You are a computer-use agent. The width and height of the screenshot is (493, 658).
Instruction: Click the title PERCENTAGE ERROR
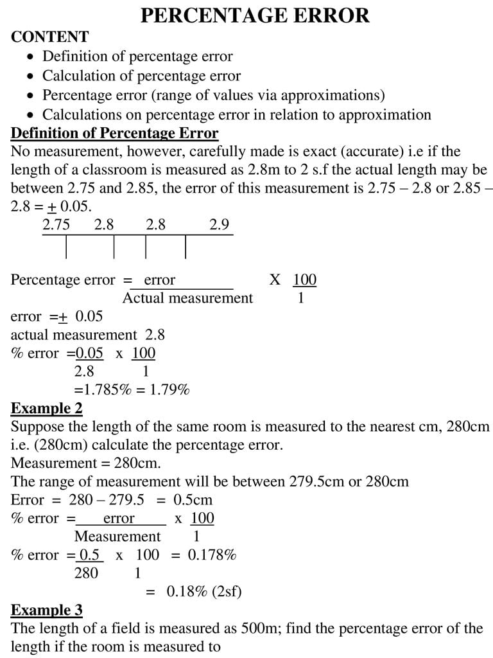[255, 15]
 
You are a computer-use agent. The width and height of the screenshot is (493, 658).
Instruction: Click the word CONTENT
[49, 37]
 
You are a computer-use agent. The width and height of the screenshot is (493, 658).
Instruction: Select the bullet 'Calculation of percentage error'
[141, 76]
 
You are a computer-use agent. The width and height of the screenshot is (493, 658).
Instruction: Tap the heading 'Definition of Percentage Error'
[115, 134]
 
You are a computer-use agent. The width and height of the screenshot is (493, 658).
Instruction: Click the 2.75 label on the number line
[56, 225]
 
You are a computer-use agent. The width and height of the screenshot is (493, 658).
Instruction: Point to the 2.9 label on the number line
[219, 225]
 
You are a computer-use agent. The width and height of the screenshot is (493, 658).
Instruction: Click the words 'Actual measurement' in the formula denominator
[187, 298]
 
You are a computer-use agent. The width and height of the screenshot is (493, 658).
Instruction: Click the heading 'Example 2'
[47, 408]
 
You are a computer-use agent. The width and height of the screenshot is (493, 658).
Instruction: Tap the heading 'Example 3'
[47, 610]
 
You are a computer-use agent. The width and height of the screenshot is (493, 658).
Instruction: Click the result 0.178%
[212, 555]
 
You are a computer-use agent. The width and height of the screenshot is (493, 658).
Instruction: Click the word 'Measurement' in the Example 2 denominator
[117, 537]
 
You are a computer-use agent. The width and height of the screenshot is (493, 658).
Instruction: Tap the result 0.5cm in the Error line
[193, 500]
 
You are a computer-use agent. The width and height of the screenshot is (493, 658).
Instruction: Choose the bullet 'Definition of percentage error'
[137, 57]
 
